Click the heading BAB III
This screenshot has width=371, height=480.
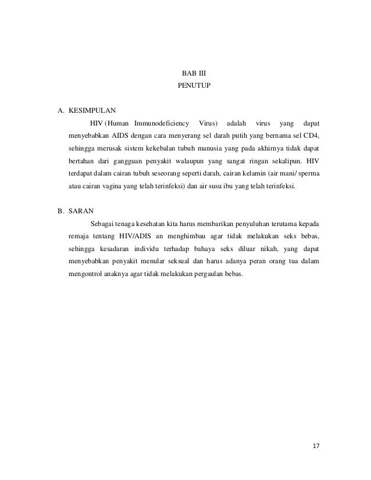(x=190, y=74)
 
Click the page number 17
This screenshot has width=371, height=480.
(x=316, y=446)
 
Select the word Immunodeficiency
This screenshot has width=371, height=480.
(x=162, y=123)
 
